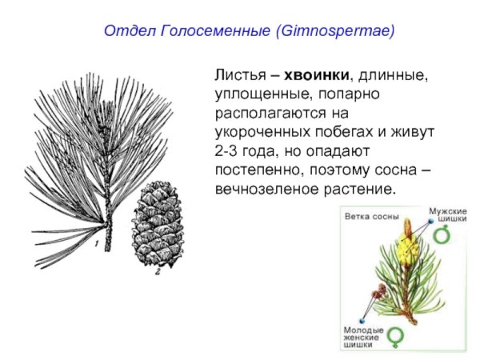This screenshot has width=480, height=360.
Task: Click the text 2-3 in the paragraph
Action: [x=226, y=151]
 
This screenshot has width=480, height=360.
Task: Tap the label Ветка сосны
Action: [x=372, y=216]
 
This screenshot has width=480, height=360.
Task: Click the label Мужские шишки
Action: [x=448, y=215]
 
